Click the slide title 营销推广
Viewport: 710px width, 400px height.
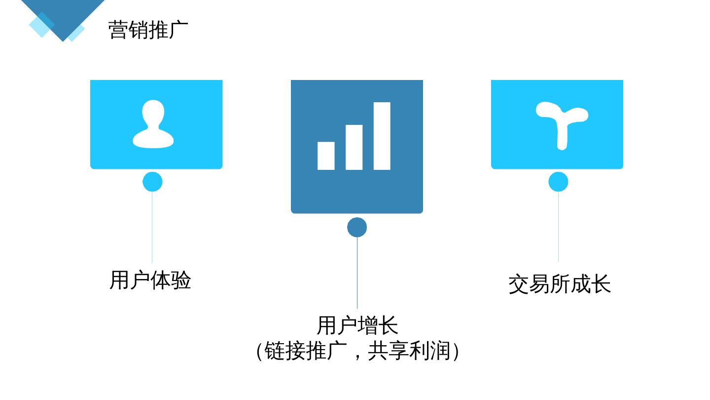(x=148, y=30)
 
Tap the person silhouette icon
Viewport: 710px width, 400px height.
(x=153, y=124)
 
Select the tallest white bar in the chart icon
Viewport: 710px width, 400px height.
(x=382, y=136)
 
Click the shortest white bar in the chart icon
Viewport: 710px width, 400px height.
(x=326, y=156)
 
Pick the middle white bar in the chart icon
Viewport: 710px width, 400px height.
(x=354, y=147)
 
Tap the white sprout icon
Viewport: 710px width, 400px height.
(x=562, y=123)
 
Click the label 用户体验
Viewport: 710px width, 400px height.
(x=150, y=280)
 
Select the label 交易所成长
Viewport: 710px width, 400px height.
(x=559, y=284)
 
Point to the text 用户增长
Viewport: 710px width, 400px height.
(x=357, y=325)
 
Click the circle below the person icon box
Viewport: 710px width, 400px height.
(x=152, y=182)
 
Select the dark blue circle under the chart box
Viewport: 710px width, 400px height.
(x=357, y=227)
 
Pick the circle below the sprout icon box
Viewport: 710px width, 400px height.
(x=558, y=182)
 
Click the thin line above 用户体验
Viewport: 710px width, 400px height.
(x=152, y=227)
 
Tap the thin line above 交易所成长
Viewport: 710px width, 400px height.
(x=558, y=227)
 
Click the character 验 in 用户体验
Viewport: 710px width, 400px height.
(x=181, y=280)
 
